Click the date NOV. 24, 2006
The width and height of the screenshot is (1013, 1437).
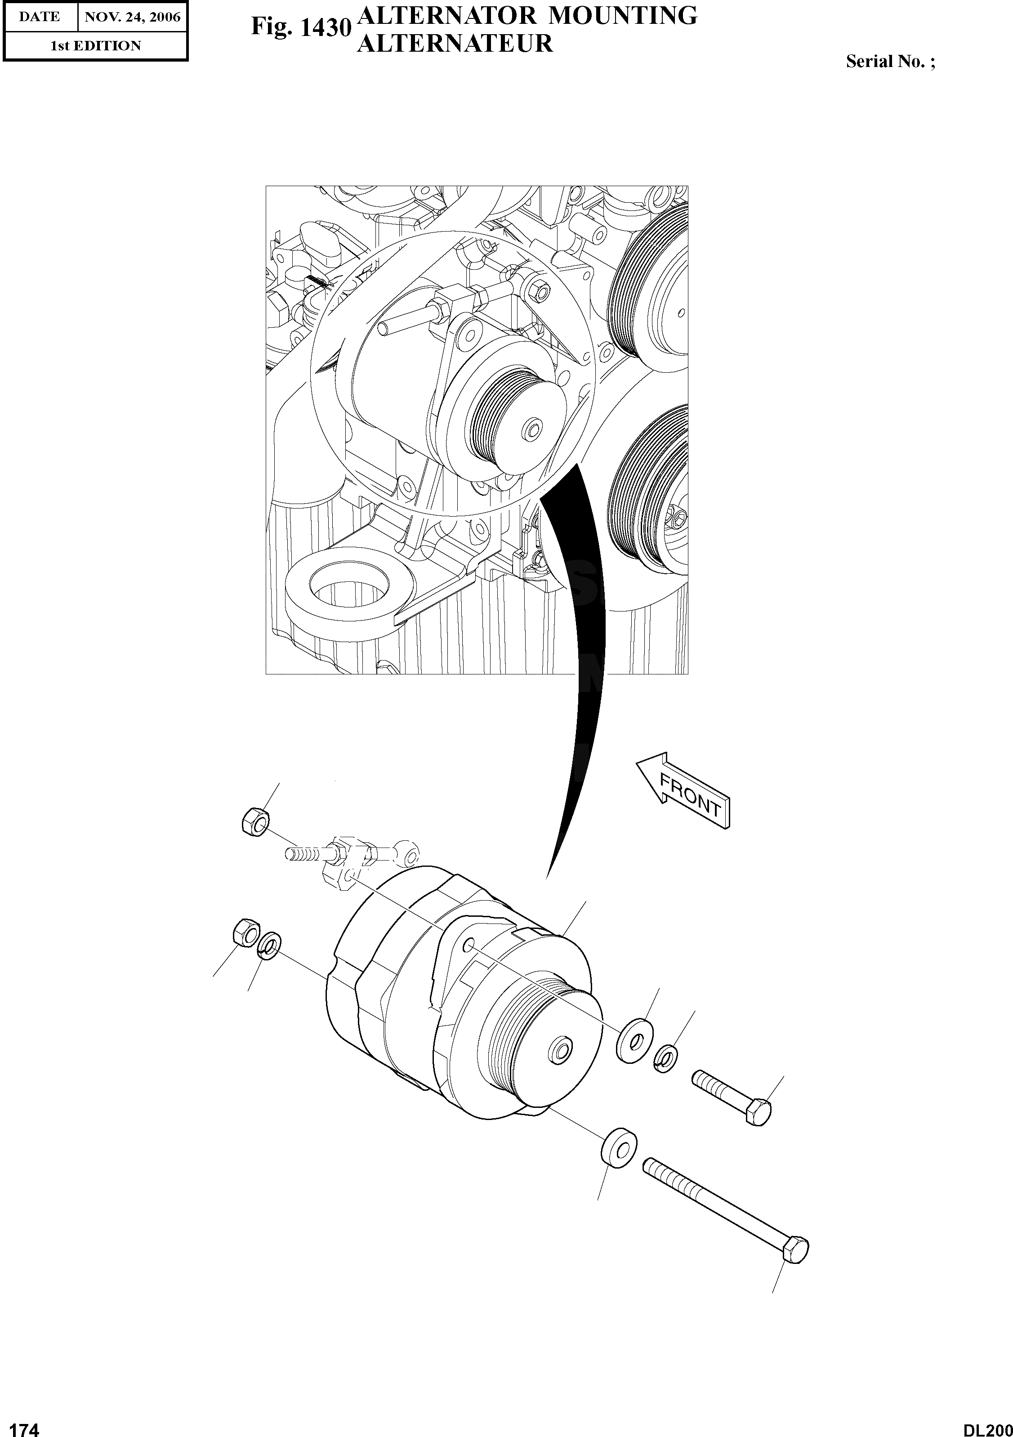(x=132, y=17)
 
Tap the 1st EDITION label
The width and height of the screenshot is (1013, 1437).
(x=96, y=46)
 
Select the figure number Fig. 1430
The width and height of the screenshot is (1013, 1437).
(x=300, y=27)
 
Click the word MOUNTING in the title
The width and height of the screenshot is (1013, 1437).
(x=623, y=16)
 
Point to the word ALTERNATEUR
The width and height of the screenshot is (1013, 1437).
(x=455, y=44)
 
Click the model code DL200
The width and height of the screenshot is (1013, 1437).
(x=987, y=1426)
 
